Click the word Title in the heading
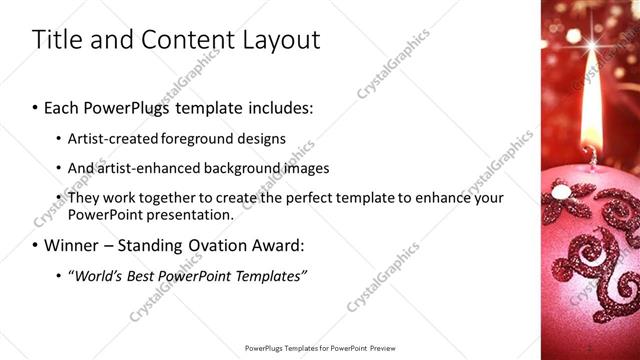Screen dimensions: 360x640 pyautogui.click(x=55, y=40)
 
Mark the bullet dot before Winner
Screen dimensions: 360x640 pyautogui.click(x=36, y=245)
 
